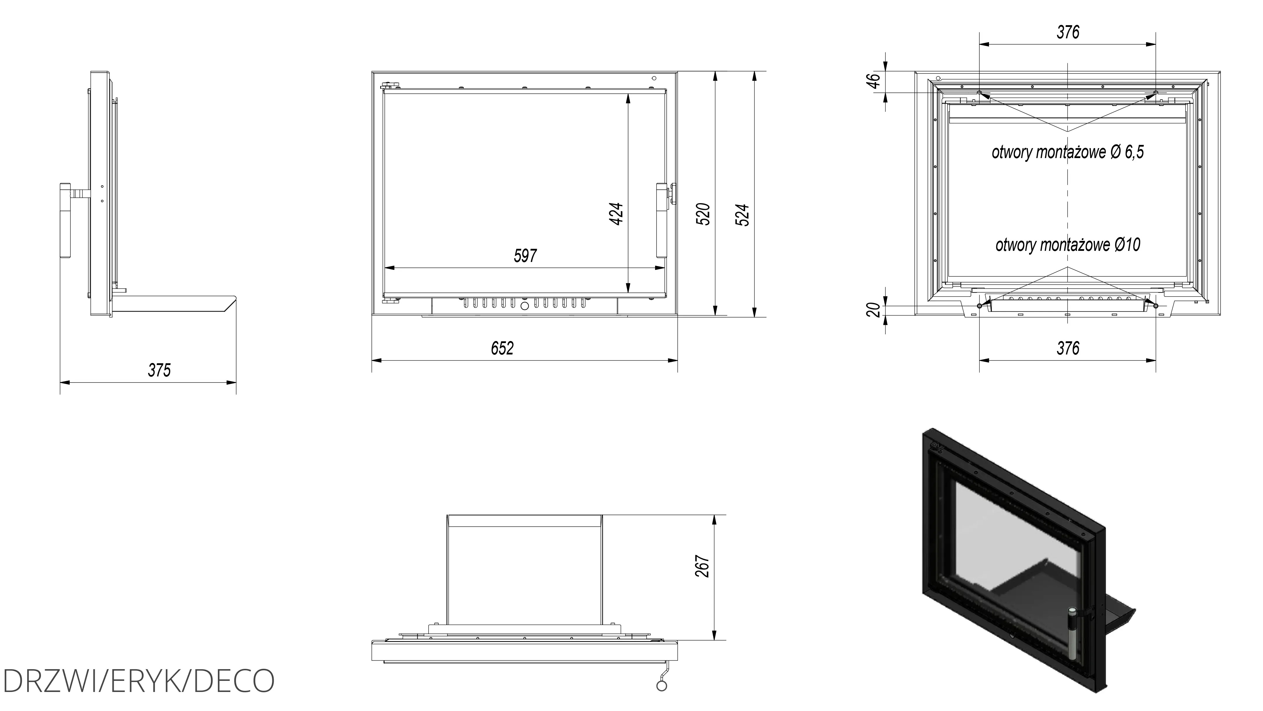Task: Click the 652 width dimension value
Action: point(502,348)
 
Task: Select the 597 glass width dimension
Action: point(525,256)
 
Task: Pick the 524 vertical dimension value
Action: point(743,215)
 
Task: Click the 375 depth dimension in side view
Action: point(159,370)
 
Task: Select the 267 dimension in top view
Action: point(703,566)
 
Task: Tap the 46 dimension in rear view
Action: point(874,80)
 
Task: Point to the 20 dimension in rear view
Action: point(874,310)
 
